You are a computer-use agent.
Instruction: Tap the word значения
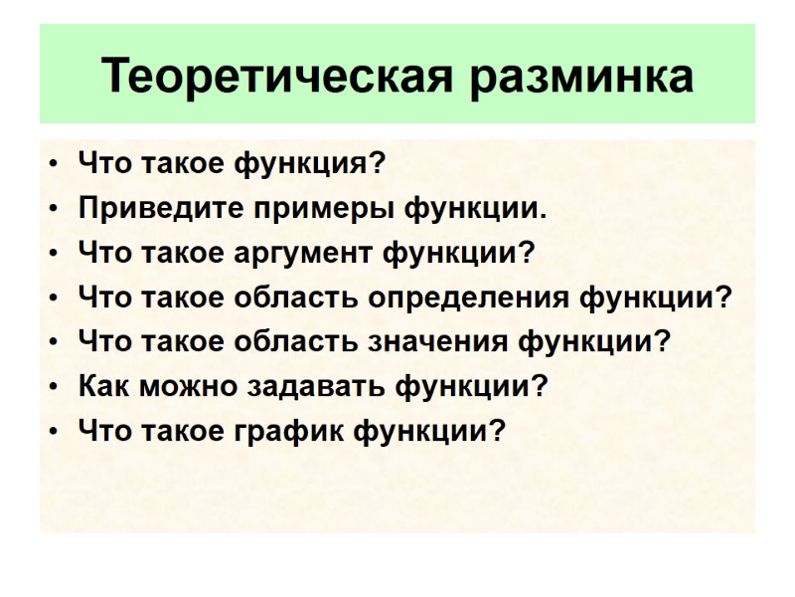(x=442, y=341)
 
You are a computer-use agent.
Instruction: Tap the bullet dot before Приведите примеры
(x=53, y=210)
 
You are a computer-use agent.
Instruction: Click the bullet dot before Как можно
(x=53, y=386)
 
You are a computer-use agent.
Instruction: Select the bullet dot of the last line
(x=53, y=430)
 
